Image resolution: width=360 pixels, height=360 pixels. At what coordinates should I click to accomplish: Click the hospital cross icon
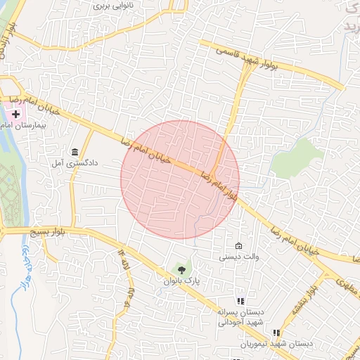(16, 113)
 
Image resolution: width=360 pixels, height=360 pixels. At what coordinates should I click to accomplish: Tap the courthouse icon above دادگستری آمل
(75, 151)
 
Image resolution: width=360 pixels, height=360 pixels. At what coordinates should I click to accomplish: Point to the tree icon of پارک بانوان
(182, 269)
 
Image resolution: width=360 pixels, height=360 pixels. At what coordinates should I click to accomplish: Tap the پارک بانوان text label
(182, 281)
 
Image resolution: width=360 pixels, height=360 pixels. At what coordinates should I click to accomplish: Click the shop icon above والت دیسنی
(239, 246)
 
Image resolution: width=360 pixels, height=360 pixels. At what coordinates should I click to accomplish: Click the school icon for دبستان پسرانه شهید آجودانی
(239, 301)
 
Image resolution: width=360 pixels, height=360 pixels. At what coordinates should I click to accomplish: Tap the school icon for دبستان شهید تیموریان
(276, 333)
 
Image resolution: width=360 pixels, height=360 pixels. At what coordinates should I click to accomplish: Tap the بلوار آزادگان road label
(10, 35)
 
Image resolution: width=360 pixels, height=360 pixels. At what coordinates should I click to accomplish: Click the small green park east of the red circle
(293, 156)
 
